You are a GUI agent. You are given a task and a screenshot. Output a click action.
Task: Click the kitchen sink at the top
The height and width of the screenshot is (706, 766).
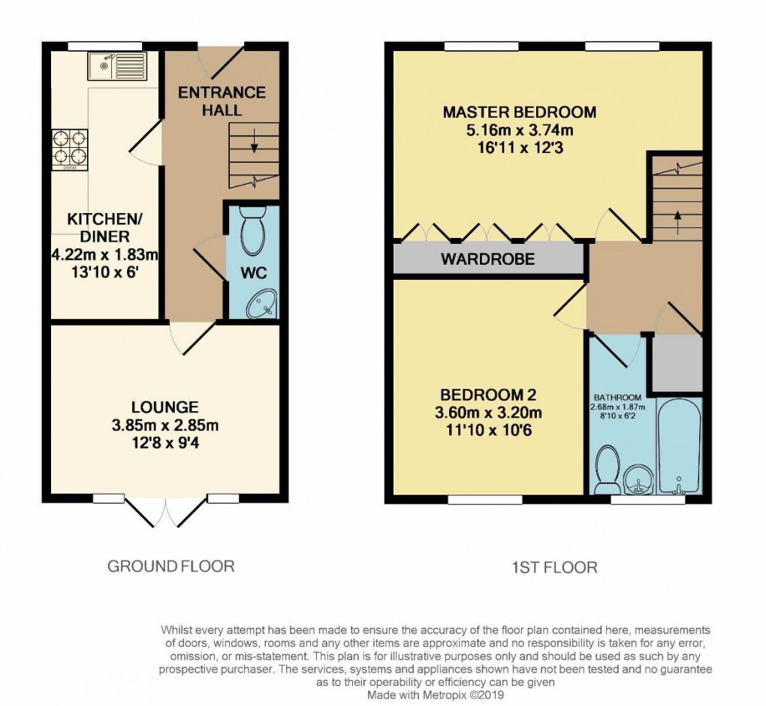[x=118, y=67]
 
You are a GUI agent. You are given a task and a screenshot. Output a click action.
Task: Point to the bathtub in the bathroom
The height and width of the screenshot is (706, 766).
[x=679, y=446]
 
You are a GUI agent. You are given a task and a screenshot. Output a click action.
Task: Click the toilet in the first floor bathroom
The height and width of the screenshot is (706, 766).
[x=607, y=471]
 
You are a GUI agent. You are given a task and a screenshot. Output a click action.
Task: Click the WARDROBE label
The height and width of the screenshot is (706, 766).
[x=487, y=260]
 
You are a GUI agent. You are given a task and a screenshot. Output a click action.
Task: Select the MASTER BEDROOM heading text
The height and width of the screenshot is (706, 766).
[x=519, y=113]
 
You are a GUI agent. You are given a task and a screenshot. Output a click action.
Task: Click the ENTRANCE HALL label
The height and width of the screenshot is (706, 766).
[x=222, y=101]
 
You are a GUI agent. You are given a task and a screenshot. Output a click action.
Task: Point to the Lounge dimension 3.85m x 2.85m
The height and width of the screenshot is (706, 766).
[x=164, y=425]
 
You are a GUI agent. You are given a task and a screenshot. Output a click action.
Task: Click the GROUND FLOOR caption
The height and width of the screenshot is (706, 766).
[x=170, y=566]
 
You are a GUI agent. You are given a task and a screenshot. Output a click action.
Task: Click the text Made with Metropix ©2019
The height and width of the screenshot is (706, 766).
[x=434, y=695]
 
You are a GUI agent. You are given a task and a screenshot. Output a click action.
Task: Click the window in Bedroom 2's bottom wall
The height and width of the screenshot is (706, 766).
[x=485, y=499]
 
